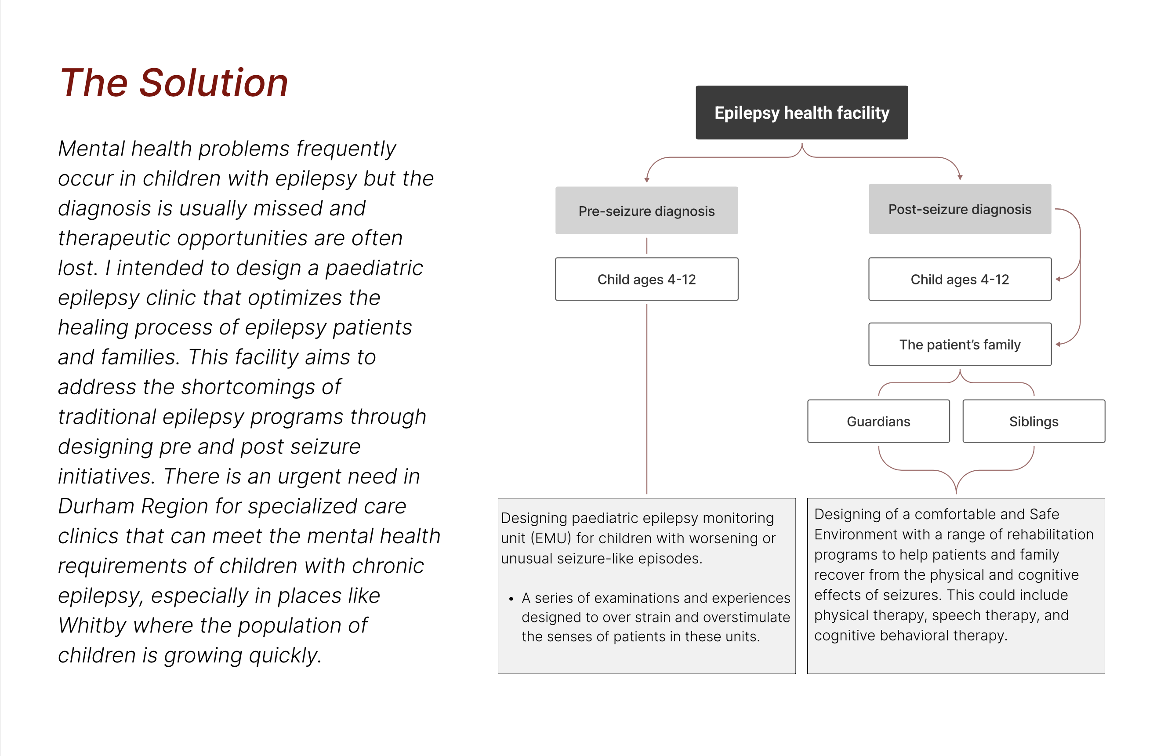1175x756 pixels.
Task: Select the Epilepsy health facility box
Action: click(801, 113)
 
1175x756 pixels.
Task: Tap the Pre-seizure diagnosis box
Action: click(646, 211)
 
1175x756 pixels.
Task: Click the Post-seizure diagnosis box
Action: click(959, 209)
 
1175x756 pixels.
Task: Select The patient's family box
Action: click(959, 344)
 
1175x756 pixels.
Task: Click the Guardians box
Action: click(878, 421)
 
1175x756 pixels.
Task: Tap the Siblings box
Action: click(1033, 421)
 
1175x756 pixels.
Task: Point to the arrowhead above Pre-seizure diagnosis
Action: click(646, 180)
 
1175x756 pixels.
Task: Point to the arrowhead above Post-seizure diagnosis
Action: click(960, 177)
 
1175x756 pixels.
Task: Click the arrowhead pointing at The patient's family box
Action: click(1058, 344)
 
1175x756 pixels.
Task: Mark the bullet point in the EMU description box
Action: click(511, 598)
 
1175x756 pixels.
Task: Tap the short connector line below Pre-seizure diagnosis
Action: click(646, 245)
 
